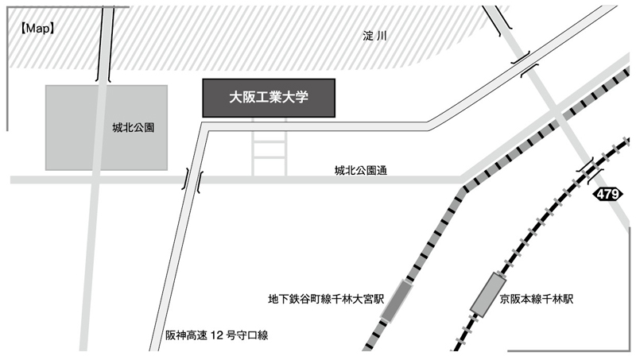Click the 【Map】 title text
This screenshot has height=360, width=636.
click(37, 29)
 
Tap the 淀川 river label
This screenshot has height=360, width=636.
click(374, 36)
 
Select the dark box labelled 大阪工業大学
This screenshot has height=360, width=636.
click(269, 98)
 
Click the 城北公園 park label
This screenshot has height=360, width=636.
click(133, 128)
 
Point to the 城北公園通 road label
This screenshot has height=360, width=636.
click(361, 170)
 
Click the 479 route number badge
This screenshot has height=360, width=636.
click(607, 194)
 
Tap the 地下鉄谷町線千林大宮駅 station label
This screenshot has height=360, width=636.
click(326, 299)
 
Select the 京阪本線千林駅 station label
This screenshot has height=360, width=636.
click(537, 299)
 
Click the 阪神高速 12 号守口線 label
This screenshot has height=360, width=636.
click(216, 335)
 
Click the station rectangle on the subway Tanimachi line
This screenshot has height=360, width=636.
click(396, 301)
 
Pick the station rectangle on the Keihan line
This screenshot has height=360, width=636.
click(488, 294)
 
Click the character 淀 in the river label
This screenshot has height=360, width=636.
click(368, 36)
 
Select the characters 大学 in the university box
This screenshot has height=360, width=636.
click(295, 97)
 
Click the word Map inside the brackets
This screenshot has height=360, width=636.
click(37, 29)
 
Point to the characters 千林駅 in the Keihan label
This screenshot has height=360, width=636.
click(558, 299)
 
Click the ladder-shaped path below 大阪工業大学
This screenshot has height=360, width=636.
click(270, 146)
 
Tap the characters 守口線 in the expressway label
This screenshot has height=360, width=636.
click(252, 335)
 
